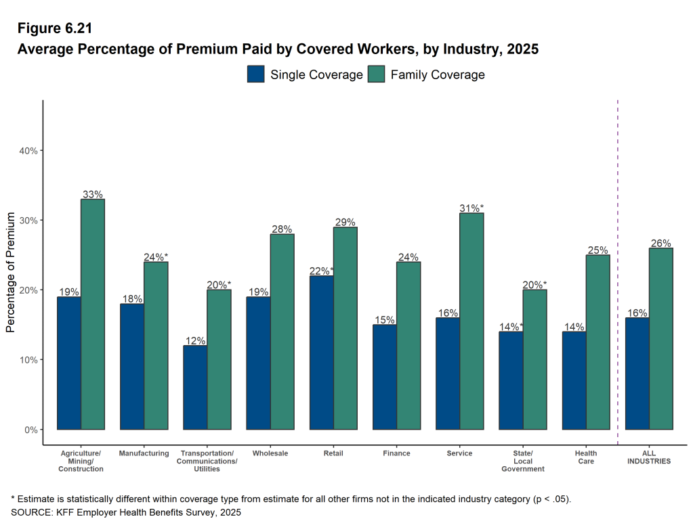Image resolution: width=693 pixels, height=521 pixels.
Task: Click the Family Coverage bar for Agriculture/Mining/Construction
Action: tap(93, 314)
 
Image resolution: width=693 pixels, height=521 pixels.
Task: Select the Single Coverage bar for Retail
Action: tap(321, 352)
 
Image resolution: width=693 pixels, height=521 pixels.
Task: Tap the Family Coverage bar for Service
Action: tap(471, 321)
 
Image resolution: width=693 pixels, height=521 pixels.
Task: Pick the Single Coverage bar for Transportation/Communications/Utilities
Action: tap(195, 387)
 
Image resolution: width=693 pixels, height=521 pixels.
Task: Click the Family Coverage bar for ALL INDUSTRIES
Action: tap(660, 338)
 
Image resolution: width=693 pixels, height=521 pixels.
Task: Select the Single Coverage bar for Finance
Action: tap(384, 377)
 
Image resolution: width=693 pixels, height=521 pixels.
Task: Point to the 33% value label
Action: tap(93, 194)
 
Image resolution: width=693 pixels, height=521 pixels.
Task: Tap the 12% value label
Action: tap(195, 341)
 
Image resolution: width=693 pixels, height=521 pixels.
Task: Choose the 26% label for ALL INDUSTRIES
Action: tap(660, 244)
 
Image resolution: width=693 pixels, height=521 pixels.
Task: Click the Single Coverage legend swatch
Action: tap(255, 74)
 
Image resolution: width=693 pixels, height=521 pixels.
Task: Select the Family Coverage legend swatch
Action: tap(376, 74)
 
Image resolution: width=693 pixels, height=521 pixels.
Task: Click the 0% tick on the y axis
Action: tap(30, 430)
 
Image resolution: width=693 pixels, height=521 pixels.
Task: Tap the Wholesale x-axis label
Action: tap(270, 453)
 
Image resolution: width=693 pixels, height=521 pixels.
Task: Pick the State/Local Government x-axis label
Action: tap(523, 461)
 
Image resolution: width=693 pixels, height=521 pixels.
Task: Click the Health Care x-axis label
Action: tap(586, 457)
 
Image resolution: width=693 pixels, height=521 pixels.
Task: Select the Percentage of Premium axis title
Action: tap(10, 272)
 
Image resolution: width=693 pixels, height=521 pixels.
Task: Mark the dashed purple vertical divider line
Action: tap(618, 271)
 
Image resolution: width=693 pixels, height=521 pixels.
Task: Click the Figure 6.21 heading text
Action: tap(54, 28)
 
